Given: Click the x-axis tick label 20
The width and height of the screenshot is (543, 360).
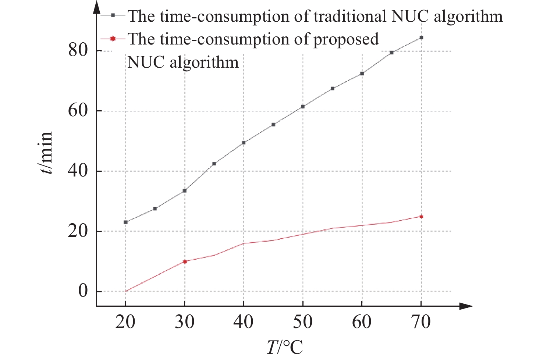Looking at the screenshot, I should click(x=125, y=322).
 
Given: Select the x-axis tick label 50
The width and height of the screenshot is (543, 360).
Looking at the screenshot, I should click(x=303, y=322).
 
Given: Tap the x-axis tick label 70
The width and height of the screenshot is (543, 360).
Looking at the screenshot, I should click(x=421, y=322).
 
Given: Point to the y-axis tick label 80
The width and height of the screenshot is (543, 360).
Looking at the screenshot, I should click(x=78, y=50).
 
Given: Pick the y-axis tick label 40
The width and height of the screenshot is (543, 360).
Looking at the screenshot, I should click(x=78, y=171).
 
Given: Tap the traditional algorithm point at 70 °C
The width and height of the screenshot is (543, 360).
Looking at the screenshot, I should click(x=421, y=38).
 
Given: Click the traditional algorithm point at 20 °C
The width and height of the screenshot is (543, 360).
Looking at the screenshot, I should click(x=125, y=222).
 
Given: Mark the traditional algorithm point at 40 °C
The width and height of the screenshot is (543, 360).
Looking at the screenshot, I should click(x=244, y=143).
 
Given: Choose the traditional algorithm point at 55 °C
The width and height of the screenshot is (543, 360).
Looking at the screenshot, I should click(x=333, y=88).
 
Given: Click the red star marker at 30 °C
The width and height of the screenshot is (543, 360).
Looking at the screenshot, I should click(x=185, y=261).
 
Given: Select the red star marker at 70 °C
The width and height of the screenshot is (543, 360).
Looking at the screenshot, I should click(x=421, y=217).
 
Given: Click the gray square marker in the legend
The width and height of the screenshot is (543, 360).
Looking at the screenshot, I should click(x=113, y=15).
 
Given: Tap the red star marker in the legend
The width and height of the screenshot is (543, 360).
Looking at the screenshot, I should click(x=113, y=39).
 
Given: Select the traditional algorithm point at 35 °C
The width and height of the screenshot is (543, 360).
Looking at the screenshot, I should click(x=214, y=164).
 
